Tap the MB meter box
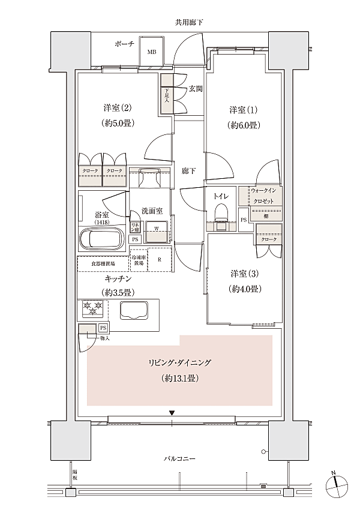pos(152,52)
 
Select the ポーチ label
pos(124,44)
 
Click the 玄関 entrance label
pos(195,89)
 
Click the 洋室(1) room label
pos(244,110)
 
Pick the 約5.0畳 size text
pos(118,123)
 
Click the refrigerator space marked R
pos(160,260)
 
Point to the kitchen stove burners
pos(93,310)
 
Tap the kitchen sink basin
pos(135,311)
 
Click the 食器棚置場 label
pos(103,263)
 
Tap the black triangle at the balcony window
pos(172,413)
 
